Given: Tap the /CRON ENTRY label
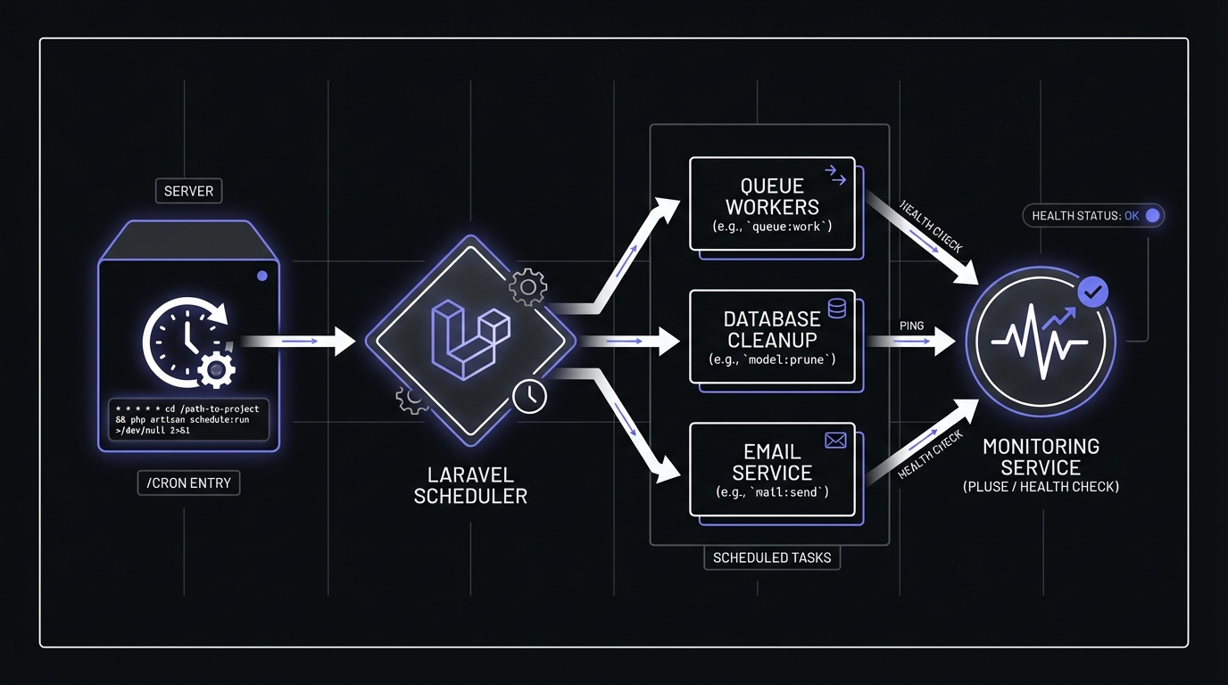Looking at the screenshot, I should tap(188, 483).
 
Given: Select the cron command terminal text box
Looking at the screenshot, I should tap(187, 419).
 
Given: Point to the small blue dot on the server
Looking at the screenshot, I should tap(261, 276).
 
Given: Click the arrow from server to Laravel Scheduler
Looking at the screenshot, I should tap(298, 341).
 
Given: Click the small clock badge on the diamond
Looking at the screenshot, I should tap(530, 395).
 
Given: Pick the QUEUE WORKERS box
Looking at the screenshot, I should tap(772, 204).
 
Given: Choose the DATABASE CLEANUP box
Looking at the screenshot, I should tap(772, 337).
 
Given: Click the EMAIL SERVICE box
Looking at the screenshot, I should tap(772, 469).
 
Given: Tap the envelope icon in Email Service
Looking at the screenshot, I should tap(835, 440).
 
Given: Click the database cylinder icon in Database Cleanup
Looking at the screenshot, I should tap(837, 309).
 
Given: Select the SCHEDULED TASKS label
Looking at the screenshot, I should tap(772, 558).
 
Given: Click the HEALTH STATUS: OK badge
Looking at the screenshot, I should tap(1093, 216).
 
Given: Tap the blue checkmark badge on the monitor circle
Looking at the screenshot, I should tap(1093, 292).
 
